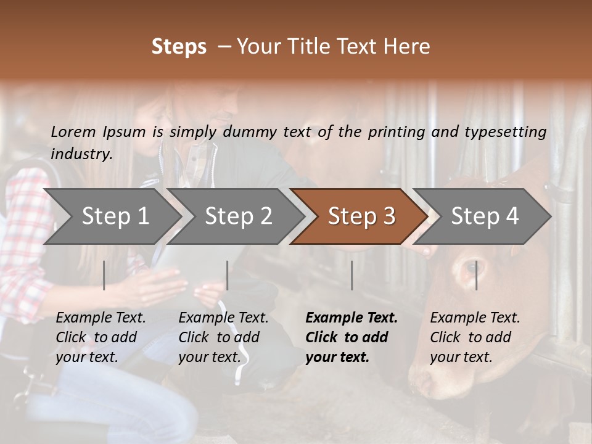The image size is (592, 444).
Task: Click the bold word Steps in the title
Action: tap(179, 47)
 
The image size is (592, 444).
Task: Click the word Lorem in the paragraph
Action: tap(73, 131)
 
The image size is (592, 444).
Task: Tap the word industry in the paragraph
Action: tap(81, 154)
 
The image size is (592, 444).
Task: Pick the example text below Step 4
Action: tap(475, 337)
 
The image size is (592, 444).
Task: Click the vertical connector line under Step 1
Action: tap(104, 275)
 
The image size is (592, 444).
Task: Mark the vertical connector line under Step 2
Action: tap(228, 275)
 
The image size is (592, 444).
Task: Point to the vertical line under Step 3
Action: tap(351, 275)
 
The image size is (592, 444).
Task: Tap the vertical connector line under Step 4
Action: tap(476, 275)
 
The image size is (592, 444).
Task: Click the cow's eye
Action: tap(472, 267)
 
